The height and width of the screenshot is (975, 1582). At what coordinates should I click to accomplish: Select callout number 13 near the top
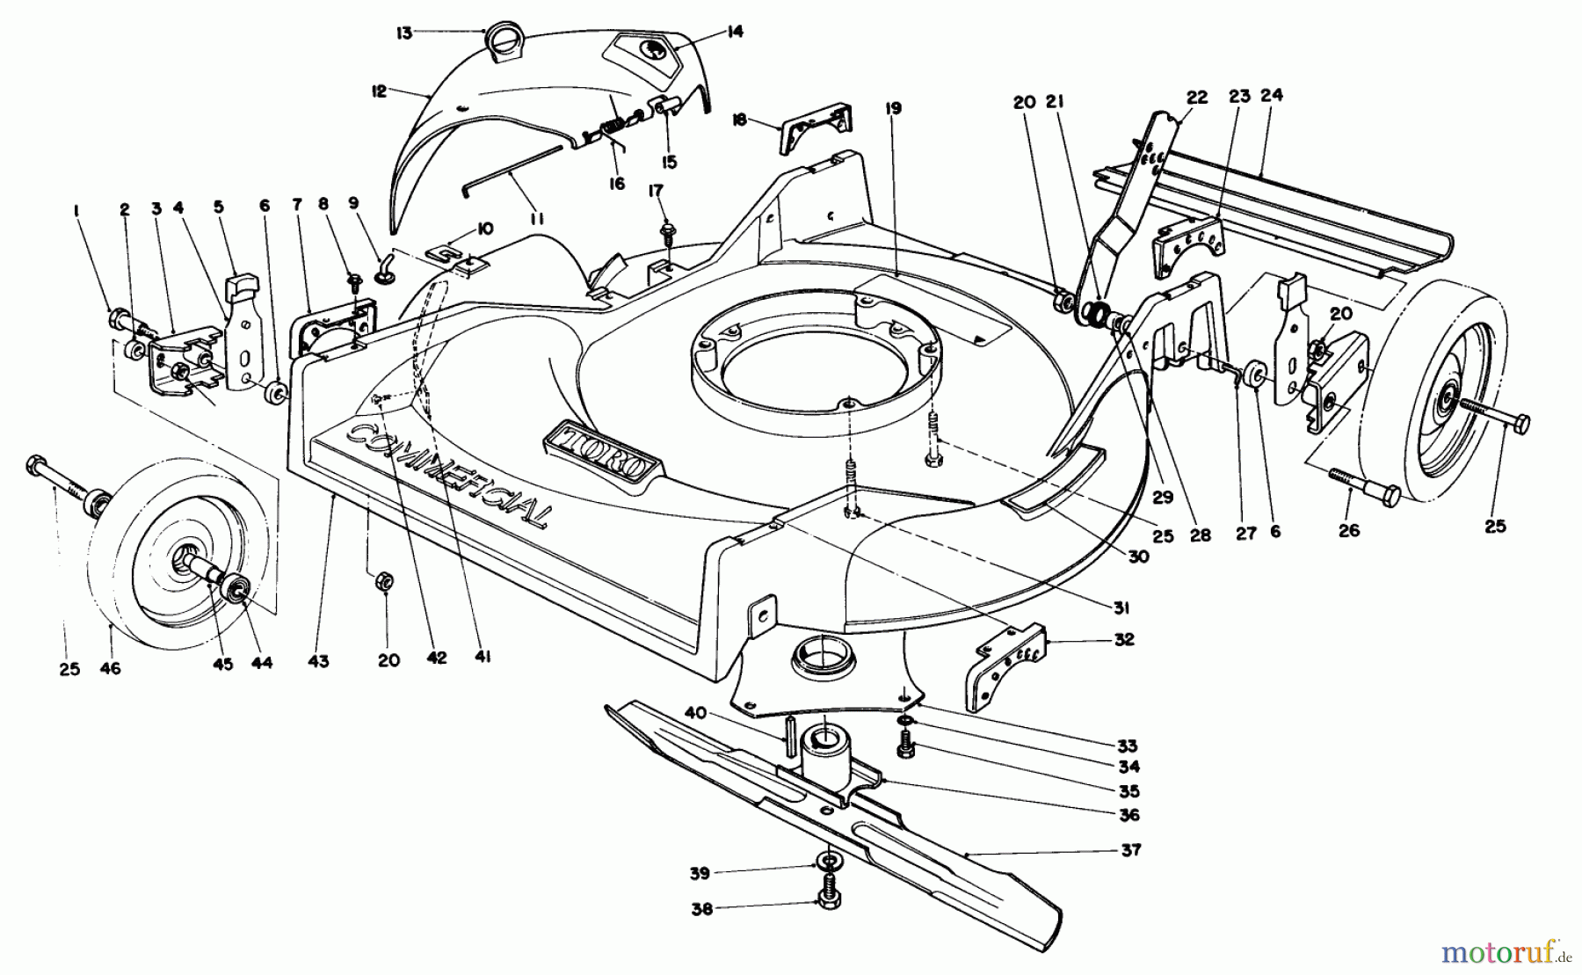[403, 33]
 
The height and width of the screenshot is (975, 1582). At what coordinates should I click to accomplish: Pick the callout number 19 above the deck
[893, 109]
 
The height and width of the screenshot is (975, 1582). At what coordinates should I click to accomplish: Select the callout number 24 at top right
[1271, 95]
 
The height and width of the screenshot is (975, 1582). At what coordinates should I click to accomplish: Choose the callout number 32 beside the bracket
[1122, 639]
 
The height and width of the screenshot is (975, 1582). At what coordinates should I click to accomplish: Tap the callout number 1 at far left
[77, 210]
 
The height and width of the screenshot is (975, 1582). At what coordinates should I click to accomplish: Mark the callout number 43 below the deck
[318, 661]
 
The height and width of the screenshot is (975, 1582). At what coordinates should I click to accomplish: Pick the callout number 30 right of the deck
[1138, 556]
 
